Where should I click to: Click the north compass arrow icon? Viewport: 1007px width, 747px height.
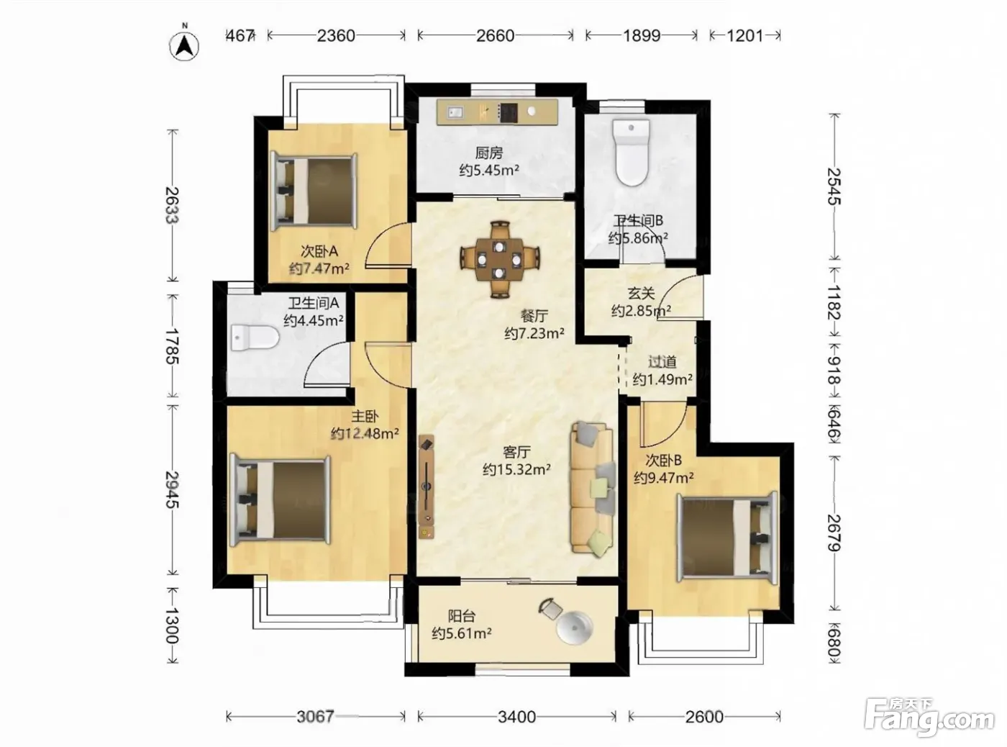pos(184,46)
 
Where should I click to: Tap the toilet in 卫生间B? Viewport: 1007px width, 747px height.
pos(631,153)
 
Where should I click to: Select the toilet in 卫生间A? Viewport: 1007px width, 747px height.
pos(254,337)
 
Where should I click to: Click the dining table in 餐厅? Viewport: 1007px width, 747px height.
pos(499,260)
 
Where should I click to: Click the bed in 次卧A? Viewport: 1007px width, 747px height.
pos(314,191)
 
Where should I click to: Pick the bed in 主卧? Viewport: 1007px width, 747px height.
pos(280,500)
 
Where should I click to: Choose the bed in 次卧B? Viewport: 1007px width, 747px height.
pos(727,538)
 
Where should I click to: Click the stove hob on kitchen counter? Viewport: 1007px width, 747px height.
pos(509,113)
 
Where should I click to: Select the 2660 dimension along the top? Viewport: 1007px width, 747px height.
pos(496,35)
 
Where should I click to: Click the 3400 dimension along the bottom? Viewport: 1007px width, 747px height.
pos(516,717)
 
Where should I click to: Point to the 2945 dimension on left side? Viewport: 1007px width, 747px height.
pos(173,489)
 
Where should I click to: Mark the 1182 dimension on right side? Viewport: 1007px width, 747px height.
pos(834,302)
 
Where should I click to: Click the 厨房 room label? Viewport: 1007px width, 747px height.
pos(489,153)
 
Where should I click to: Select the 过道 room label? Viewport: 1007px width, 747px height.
pos(662,362)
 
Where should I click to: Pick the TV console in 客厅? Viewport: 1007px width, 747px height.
pos(427,486)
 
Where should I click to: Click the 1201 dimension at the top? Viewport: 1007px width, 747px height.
pos(745,35)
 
